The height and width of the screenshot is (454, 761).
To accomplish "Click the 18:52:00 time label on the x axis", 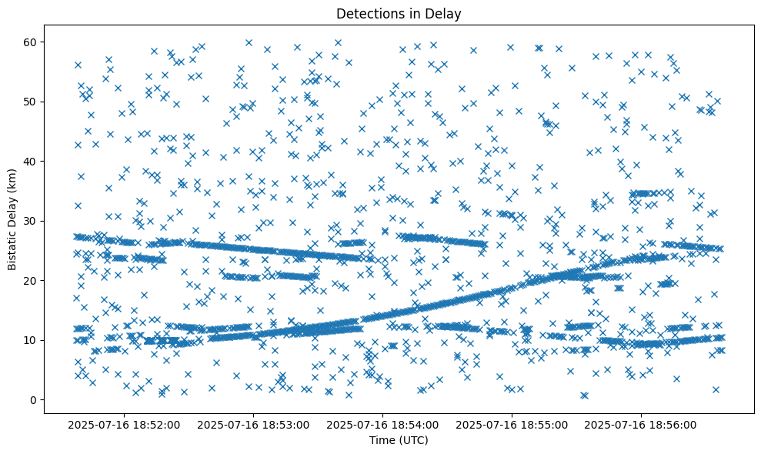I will pos(124,424).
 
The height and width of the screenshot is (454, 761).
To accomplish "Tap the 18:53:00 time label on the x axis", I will pos(253,424).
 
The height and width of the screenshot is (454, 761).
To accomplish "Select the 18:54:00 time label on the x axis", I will pos(382,424).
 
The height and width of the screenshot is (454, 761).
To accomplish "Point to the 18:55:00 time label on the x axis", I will pos(512,424).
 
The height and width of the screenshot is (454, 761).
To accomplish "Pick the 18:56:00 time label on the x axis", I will pos(641,424).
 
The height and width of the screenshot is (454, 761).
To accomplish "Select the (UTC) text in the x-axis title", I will pos(412,440).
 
